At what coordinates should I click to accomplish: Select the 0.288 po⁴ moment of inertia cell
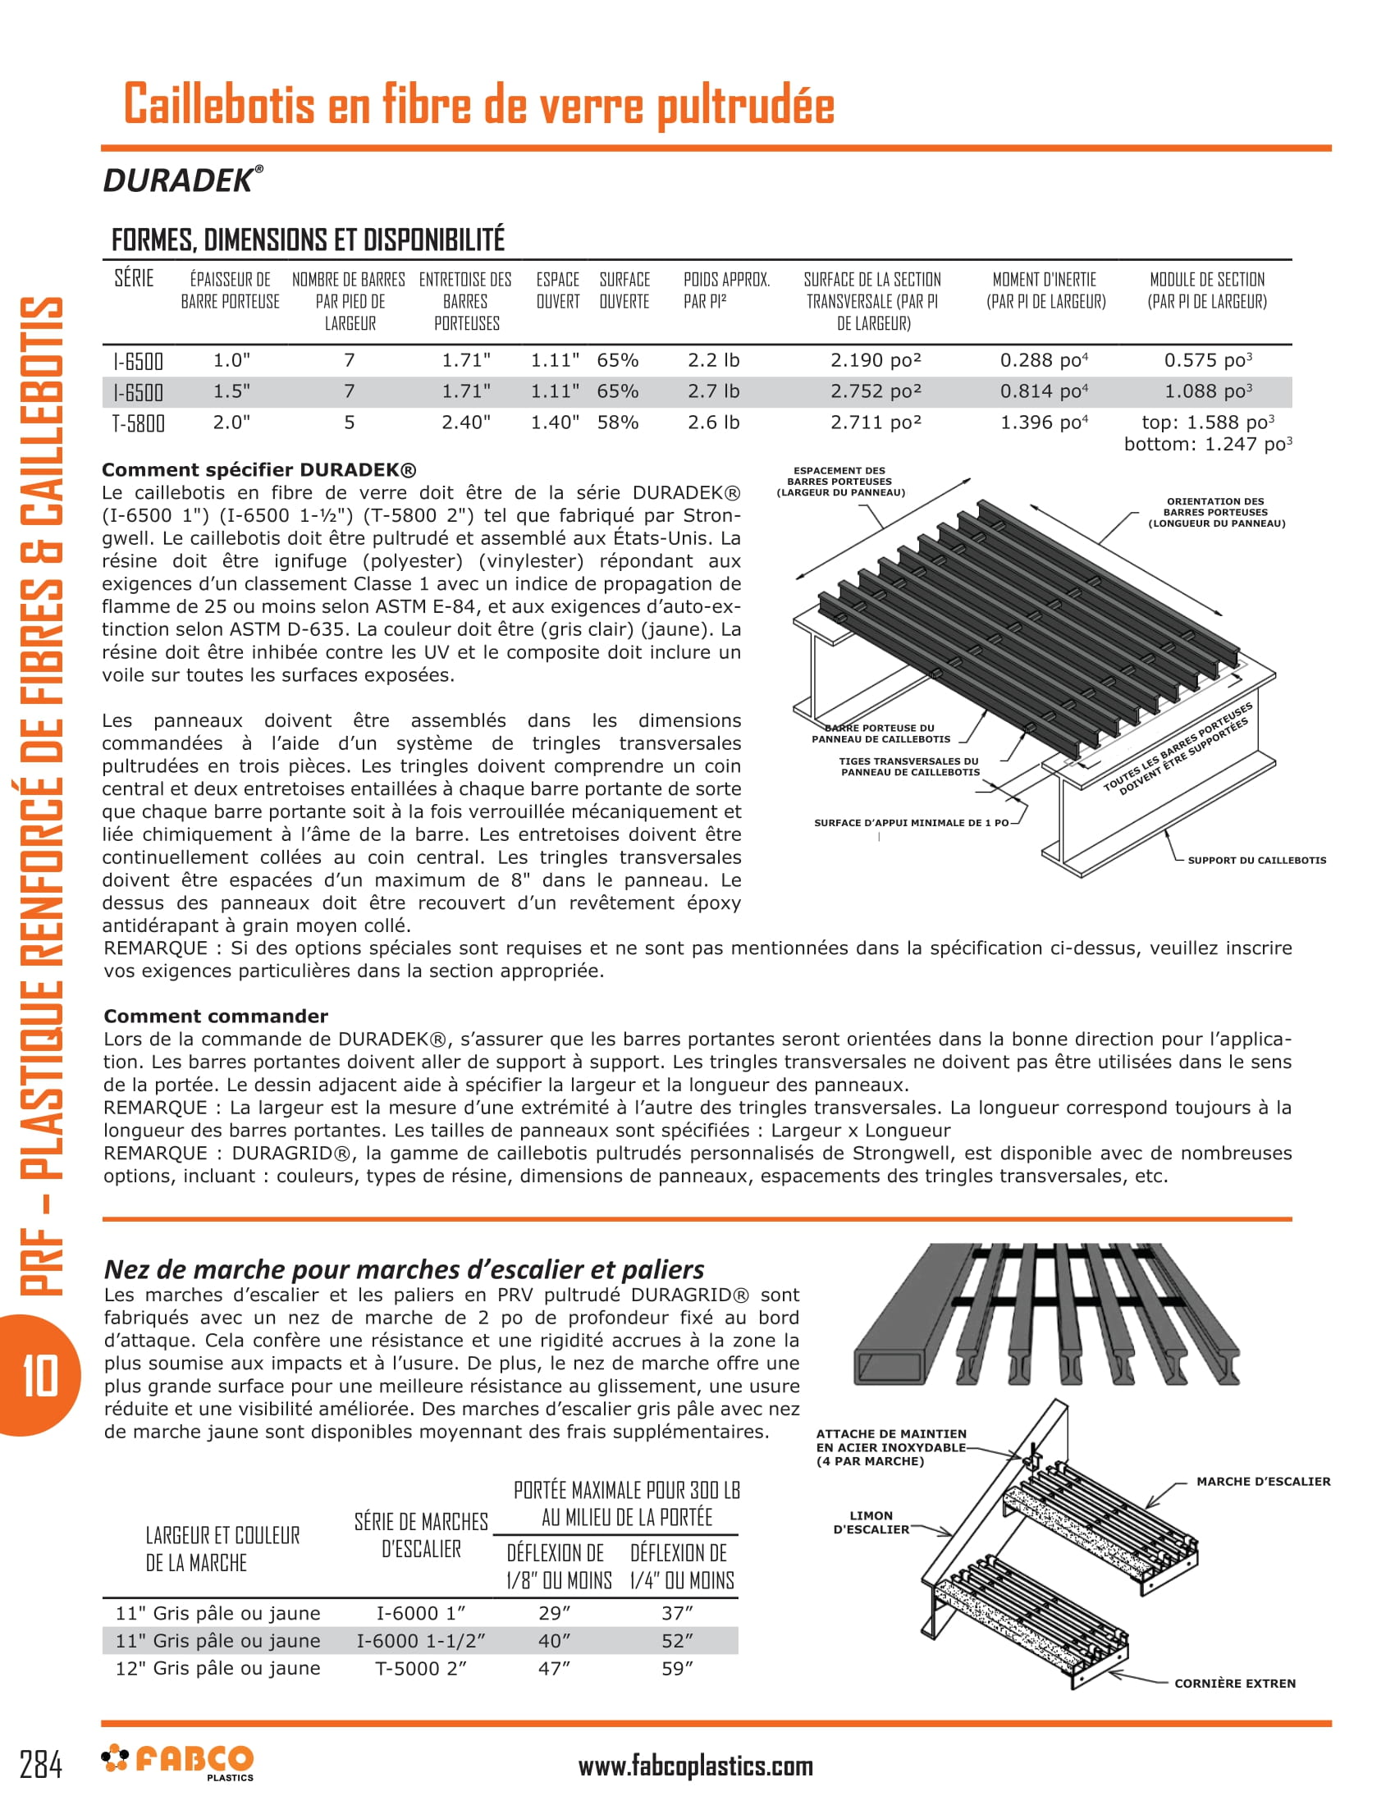click(1044, 360)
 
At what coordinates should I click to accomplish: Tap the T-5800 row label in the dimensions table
click(138, 423)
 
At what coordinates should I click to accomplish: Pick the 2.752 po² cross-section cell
click(876, 391)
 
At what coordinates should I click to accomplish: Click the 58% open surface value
click(617, 423)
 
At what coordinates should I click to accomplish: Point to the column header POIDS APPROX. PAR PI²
click(725, 290)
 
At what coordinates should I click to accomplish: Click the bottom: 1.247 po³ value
click(1206, 445)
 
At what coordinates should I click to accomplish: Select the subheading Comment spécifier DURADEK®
click(258, 470)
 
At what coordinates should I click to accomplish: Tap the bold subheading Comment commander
click(216, 1016)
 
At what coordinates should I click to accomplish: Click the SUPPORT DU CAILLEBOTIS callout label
click(1256, 861)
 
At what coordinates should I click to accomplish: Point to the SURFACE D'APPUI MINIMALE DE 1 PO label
click(911, 823)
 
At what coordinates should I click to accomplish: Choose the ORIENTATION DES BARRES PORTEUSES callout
click(1215, 513)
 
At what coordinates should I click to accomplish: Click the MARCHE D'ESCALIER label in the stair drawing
click(1263, 1481)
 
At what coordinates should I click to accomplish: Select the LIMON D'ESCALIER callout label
click(871, 1522)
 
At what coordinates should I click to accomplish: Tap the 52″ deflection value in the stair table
click(678, 1641)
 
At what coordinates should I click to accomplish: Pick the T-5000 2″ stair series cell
click(421, 1669)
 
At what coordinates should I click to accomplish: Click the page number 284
click(41, 1766)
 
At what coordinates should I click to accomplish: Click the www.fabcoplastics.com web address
click(695, 1766)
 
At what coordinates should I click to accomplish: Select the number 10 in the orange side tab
click(39, 1375)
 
